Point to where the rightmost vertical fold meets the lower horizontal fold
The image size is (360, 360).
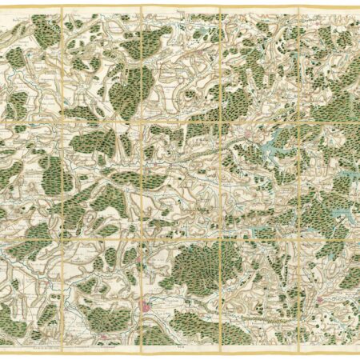point(298,233)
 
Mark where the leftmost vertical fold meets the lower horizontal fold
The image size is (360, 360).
point(62,233)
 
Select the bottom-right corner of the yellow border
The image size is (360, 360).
point(358,345)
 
